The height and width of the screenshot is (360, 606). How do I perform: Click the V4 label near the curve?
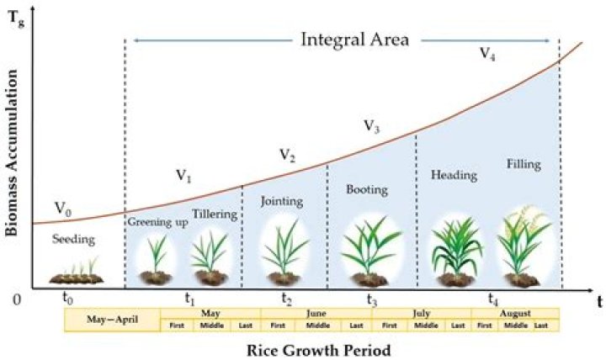[487, 53]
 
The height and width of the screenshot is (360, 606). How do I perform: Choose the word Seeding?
[74, 240]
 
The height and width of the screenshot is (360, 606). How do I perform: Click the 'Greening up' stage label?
[156, 222]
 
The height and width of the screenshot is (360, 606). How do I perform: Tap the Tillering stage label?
[214, 214]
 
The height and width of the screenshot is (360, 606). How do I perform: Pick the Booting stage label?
[367, 190]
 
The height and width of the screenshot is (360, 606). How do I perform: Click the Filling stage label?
[524, 164]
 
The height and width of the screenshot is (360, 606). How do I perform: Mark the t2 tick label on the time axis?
[287, 299]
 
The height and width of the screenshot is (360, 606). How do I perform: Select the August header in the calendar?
[516, 313]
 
